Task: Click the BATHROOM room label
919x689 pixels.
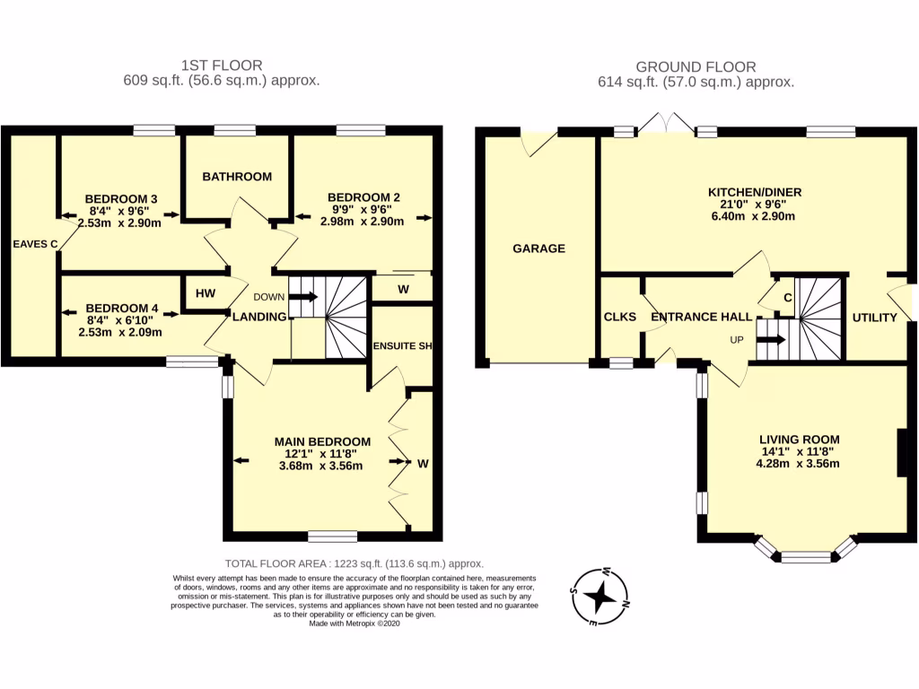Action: coord(236,177)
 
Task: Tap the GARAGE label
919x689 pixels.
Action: coord(538,249)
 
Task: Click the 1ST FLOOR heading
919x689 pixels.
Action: coord(222,65)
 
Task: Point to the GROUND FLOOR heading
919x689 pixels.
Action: coord(696,66)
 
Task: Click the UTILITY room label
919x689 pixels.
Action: coord(874,318)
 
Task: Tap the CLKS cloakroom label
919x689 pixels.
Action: coord(620,318)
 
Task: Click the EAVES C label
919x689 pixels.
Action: coord(35,243)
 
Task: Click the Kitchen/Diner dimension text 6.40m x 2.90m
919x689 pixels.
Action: coord(754,216)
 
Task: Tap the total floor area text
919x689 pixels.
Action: coord(354,563)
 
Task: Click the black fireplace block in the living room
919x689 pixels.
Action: coord(901,453)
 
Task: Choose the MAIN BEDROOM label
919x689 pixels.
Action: coord(322,441)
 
